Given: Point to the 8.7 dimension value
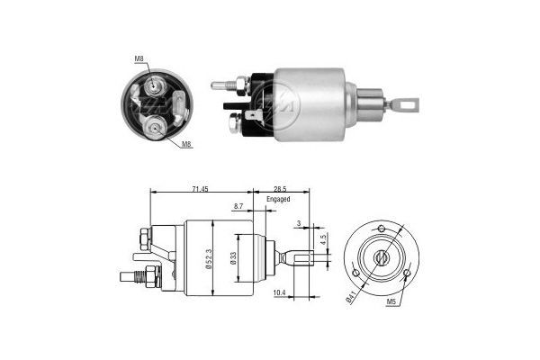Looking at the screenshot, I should point(238,207).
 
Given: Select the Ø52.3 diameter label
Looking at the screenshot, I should point(208,258).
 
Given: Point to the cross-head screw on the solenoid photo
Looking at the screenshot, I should point(237,118).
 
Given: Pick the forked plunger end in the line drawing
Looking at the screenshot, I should point(296,258).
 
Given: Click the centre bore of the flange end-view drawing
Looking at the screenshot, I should point(382,257).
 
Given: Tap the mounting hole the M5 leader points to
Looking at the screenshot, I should point(407,271).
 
